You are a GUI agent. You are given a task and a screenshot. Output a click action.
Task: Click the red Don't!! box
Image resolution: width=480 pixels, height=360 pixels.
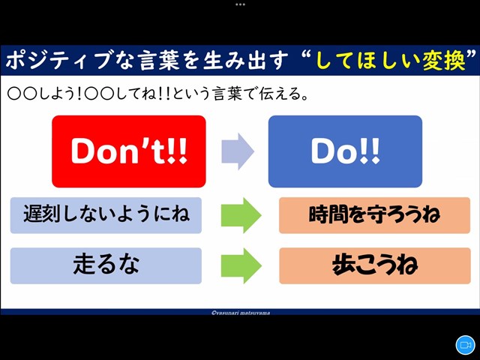pos(129,151)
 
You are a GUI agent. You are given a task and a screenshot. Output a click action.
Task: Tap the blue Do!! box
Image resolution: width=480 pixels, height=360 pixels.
pos(345,151)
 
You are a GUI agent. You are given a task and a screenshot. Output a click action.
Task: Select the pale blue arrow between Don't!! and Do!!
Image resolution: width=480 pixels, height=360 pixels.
pos(238,151)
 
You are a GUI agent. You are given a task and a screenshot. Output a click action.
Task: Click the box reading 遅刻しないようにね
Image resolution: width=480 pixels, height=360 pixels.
pos(106,215)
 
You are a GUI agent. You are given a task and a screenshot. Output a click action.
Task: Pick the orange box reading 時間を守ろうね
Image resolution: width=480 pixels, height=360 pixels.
pos(375,215)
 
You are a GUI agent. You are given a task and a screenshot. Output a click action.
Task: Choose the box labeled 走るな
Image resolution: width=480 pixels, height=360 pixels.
pos(106,265)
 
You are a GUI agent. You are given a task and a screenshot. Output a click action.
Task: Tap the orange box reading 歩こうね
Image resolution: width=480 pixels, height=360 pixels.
pos(375,265)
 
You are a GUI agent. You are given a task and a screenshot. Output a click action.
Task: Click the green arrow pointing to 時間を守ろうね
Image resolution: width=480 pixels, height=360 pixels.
pos(241,215)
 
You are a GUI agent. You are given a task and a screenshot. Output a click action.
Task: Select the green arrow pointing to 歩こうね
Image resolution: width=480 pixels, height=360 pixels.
pos(241,265)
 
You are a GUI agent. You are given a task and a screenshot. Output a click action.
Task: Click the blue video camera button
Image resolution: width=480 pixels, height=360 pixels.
pos(465,345)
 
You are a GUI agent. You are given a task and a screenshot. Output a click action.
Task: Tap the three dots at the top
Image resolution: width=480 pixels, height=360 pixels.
pos(240,4)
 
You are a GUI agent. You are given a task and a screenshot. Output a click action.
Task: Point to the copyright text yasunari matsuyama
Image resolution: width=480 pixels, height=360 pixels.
pos(241,313)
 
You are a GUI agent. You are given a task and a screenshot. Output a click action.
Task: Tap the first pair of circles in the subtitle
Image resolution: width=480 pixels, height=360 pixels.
pos(22,94)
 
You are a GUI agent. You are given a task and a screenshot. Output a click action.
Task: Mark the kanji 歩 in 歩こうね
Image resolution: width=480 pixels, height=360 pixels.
pos(343,265)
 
